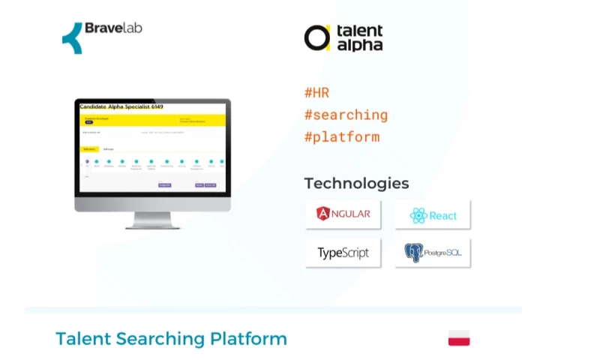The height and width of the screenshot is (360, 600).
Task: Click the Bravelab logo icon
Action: point(72,37)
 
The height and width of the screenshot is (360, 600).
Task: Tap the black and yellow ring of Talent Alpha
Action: point(316,37)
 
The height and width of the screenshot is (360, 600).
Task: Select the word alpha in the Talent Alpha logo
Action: point(359,45)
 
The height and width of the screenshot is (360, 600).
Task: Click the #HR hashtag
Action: point(316,93)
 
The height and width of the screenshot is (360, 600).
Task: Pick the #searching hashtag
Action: point(346,115)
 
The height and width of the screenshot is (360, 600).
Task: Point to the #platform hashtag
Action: point(341,137)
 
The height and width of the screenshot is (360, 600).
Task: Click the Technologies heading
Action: point(356,183)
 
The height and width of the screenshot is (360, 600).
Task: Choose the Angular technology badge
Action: point(343,214)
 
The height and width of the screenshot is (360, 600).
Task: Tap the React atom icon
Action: point(418,216)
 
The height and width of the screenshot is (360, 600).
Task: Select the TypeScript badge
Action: point(343,253)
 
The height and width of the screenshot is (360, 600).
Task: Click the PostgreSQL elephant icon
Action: point(413,253)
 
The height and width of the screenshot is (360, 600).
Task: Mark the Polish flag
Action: point(459,338)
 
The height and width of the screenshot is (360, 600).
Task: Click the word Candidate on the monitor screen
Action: point(94,107)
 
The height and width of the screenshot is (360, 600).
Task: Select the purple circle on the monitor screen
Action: point(87,161)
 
